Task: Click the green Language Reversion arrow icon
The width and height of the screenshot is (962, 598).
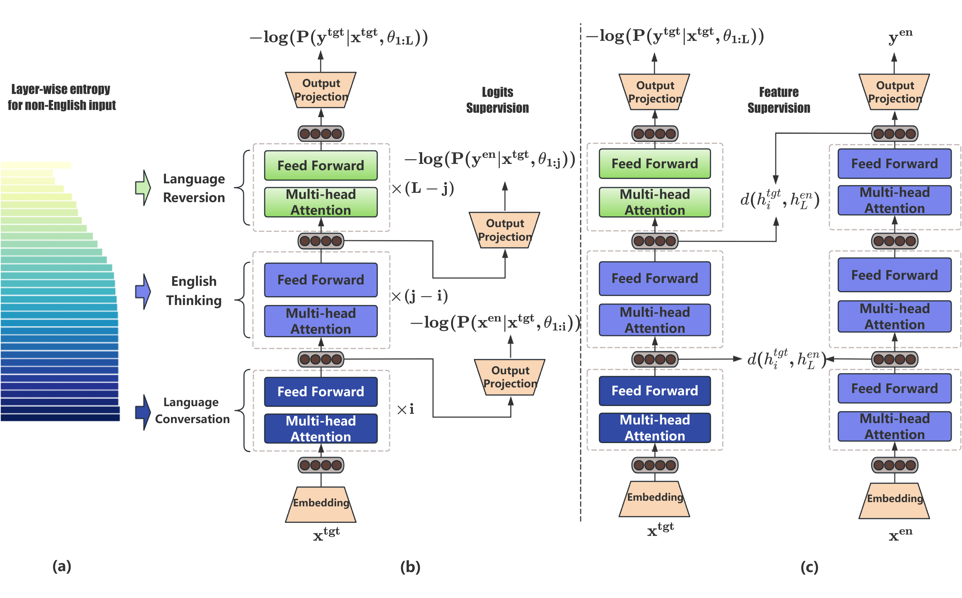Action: coord(143,188)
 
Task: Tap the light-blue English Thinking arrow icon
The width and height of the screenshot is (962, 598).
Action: coord(143,292)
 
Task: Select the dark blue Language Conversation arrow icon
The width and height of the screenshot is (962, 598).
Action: coord(143,412)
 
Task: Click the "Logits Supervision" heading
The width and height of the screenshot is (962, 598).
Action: coord(497,100)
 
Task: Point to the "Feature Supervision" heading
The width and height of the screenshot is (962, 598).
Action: coord(778,100)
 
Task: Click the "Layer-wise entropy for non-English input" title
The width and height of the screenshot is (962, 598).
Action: coord(61,97)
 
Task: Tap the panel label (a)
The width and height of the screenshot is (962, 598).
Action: coord(62,566)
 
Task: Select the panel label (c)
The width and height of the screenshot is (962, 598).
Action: coord(809,567)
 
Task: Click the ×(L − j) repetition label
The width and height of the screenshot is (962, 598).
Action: coord(423,188)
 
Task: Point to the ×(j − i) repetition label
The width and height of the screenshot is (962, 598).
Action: coord(419,296)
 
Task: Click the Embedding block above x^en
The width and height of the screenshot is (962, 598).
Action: coord(894,501)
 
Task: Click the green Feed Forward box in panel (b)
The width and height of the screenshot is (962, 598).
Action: coord(321,165)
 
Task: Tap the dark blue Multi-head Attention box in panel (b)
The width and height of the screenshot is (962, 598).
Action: coord(321,428)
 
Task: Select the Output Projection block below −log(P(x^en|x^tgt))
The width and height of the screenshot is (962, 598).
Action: coord(510,377)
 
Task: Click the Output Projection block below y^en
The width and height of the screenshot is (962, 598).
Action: coord(894,92)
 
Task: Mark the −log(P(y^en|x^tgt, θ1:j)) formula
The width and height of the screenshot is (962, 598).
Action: coord(490,159)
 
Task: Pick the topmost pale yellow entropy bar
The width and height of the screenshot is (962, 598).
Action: coord(36,165)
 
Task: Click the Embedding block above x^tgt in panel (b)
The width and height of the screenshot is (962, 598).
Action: coord(321,504)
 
